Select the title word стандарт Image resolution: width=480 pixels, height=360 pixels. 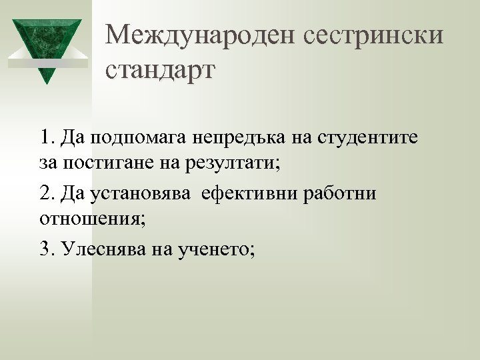pos(160,69)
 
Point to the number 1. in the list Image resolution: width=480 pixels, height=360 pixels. pos(47,137)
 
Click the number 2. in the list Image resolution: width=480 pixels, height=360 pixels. pos(47,193)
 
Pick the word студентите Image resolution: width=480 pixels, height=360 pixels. pos(367,138)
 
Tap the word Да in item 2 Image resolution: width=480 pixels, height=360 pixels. pos(71,193)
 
